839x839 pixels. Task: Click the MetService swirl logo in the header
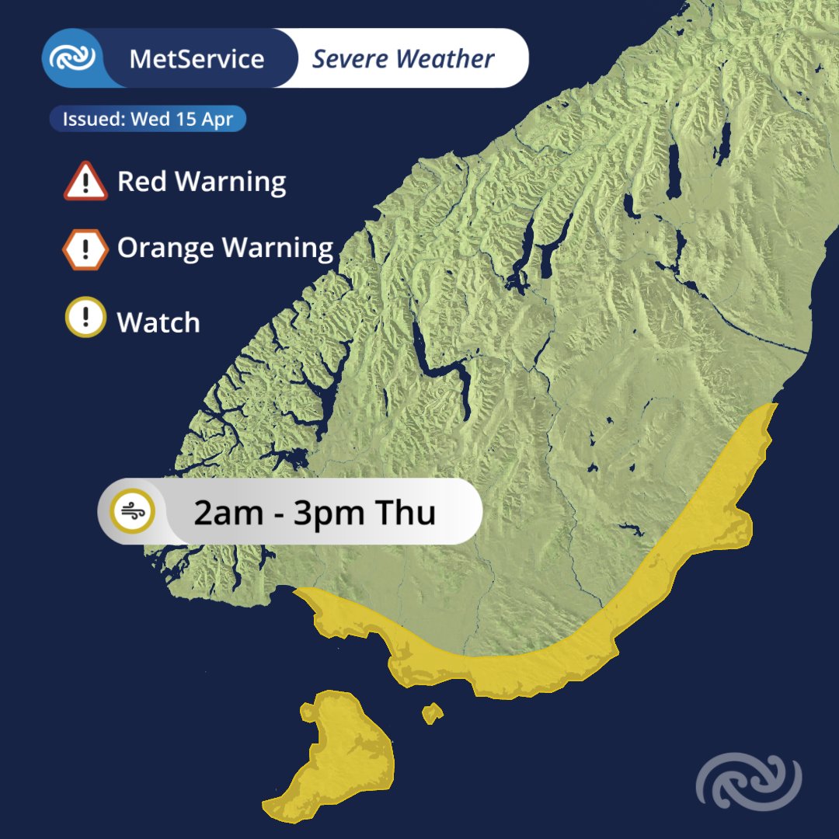click(72, 58)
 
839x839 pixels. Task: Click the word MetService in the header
click(197, 59)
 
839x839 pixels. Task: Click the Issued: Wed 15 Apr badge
click(148, 120)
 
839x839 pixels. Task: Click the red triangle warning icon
click(85, 183)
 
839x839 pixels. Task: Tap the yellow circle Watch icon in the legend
click(85, 318)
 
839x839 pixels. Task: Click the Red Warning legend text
click(201, 182)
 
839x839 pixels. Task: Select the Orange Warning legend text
click(225, 249)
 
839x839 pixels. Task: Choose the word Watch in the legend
click(158, 322)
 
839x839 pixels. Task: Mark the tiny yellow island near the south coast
click(432, 712)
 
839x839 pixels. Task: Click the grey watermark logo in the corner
click(748, 781)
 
